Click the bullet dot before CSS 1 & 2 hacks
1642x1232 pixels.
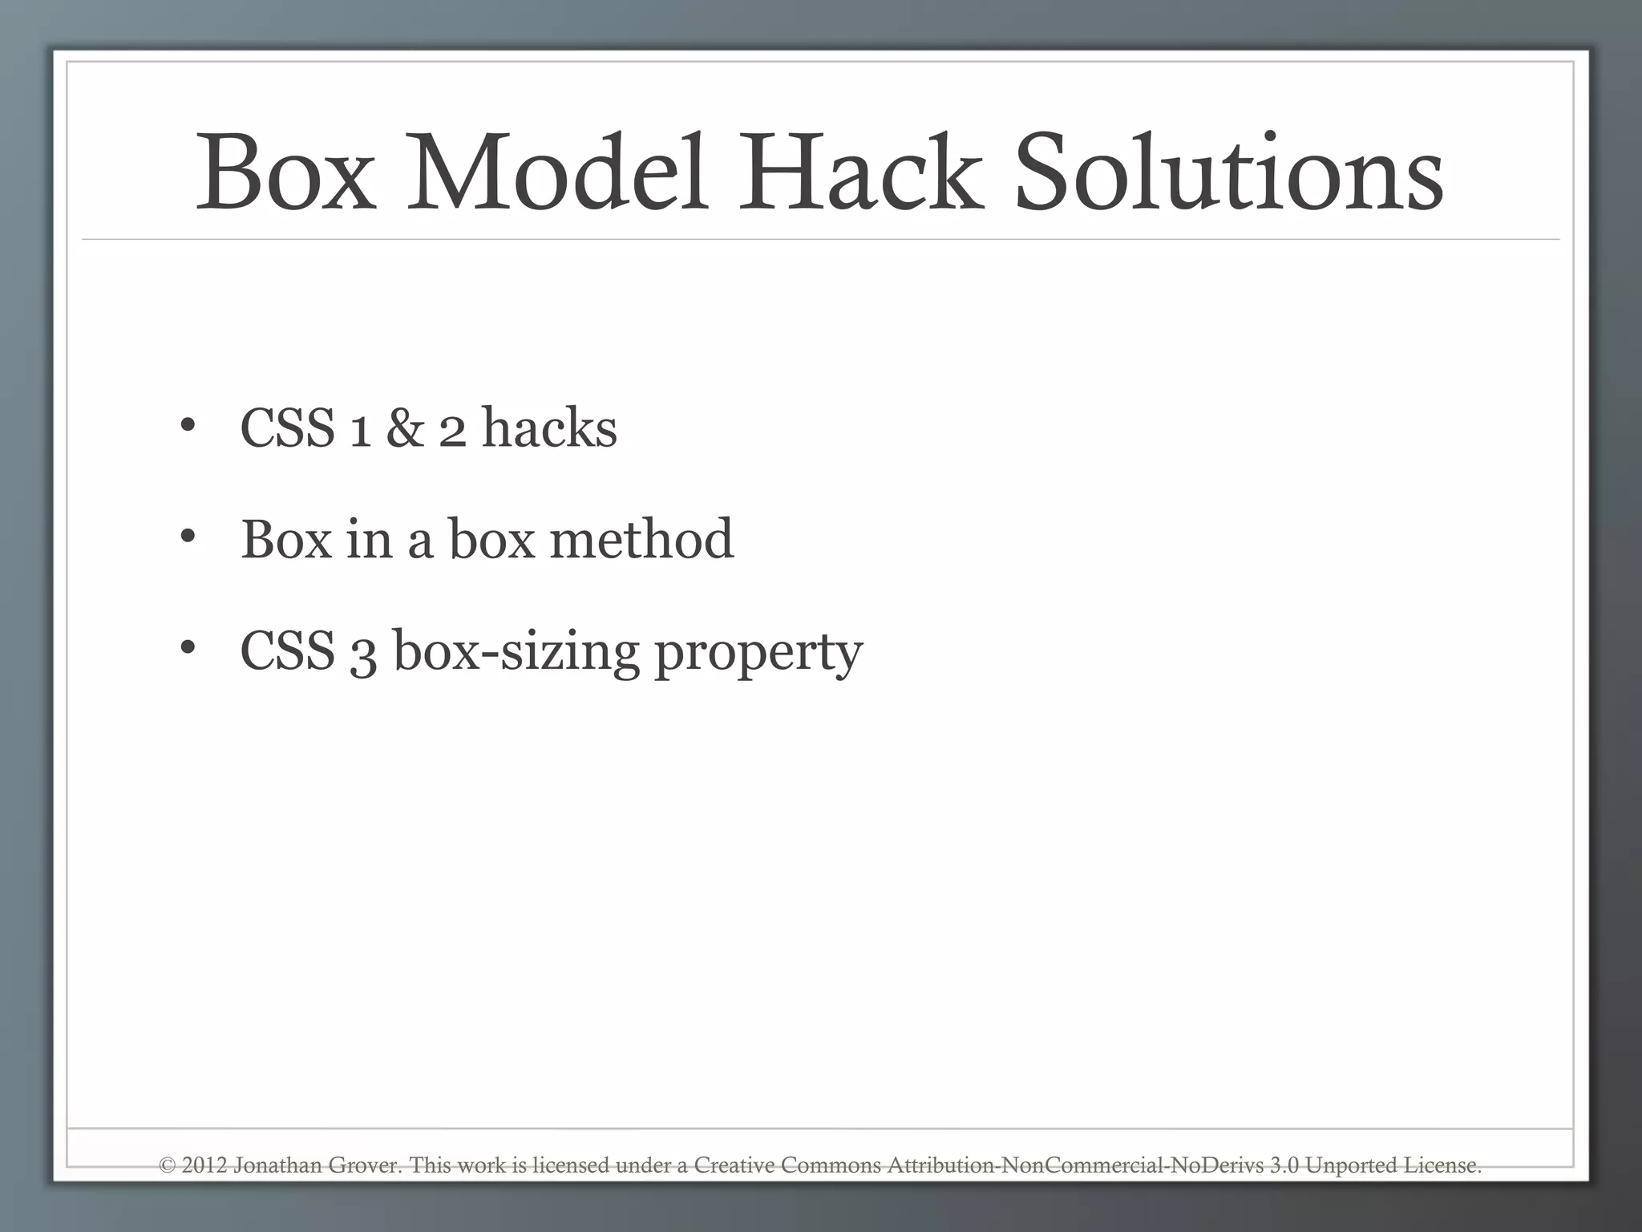(188, 426)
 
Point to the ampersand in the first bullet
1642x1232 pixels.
(405, 428)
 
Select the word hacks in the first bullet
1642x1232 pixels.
(549, 428)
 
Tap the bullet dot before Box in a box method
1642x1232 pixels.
(188, 537)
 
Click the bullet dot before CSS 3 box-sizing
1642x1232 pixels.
(188, 647)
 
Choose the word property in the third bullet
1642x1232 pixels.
(758, 653)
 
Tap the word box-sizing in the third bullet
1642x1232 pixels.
(516, 651)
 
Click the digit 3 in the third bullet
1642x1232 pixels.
(362, 653)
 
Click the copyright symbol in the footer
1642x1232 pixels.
(167, 1165)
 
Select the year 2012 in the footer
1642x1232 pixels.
(204, 1165)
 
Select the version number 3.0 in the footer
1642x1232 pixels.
(1284, 1165)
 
